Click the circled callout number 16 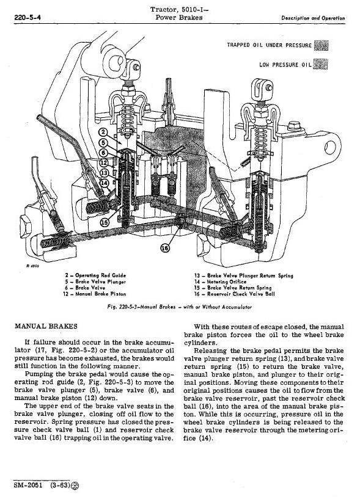(x=165, y=248)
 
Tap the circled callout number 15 (x=105, y=222)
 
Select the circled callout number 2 (x=103, y=133)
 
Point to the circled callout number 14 (x=104, y=183)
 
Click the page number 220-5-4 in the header (x=28, y=18)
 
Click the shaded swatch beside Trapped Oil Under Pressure (x=321, y=45)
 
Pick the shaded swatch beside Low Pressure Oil (x=320, y=64)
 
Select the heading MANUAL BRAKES (x=46, y=326)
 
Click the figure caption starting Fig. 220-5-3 (x=179, y=307)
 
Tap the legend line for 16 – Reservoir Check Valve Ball (x=235, y=294)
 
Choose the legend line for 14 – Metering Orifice (x=220, y=282)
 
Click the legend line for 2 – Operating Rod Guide (x=95, y=275)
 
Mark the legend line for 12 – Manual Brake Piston (x=95, y=294)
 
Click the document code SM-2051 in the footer (x=28, y=485)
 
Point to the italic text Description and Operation (x=313, y=18)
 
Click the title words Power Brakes (x=178, y=17)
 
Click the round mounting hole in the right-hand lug (x=330, y=148)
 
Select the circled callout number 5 (x=103, y=143)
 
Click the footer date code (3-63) (x=60, y=485)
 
